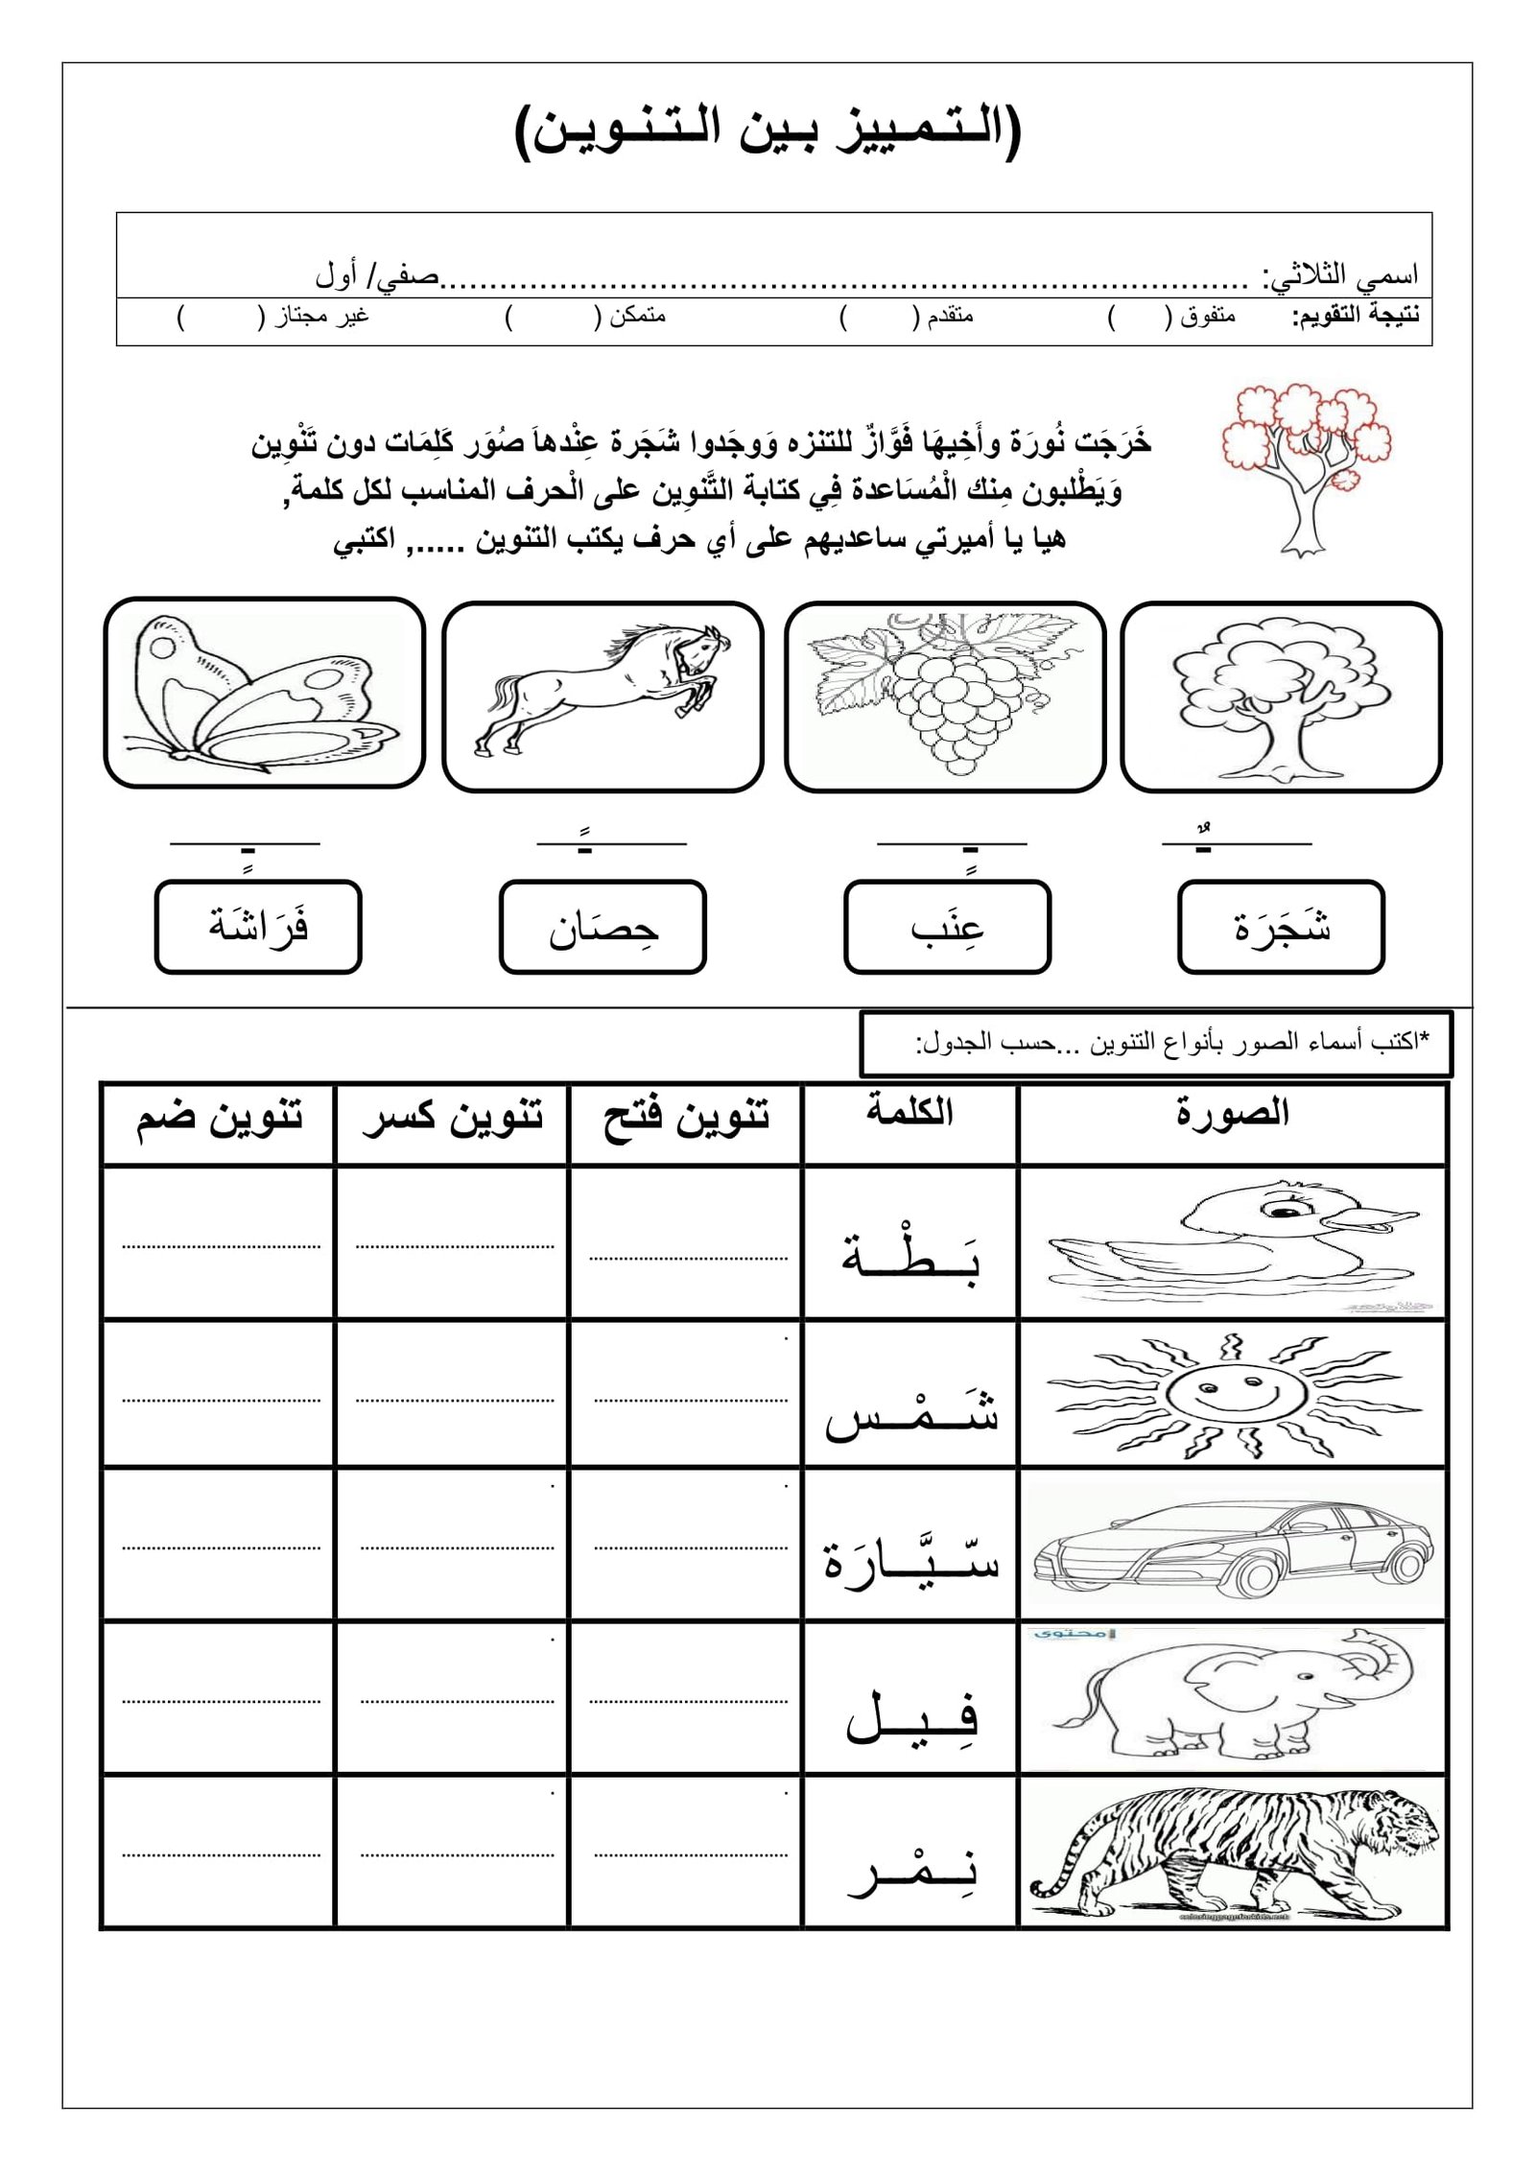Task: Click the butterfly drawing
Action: tap(264, 692)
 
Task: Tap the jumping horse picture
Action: tap(602, 694)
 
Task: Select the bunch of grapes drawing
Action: tap(944, 694)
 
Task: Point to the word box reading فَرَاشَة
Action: tap(258, 927)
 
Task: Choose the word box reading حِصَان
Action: tap(602, 927)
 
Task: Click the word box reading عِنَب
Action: tap(947, 927)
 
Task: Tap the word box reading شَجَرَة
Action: tap(1281, 927)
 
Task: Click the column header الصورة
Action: tap(1232, 1114)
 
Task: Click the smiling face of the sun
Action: tap(1232, 1396)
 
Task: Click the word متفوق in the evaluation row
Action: tap(1208, 316)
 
